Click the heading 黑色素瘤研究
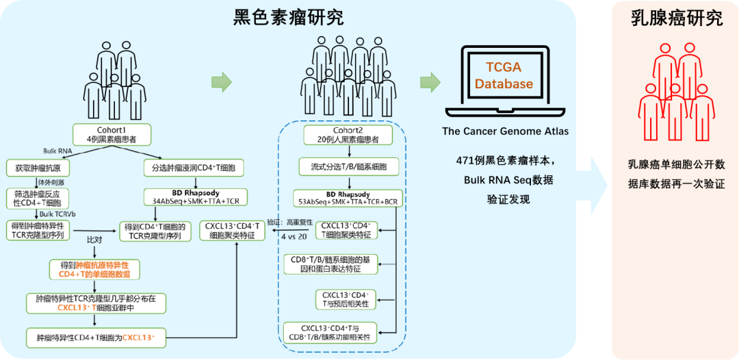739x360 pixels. tap(288, 16)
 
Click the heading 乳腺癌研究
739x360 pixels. tap(676, 18)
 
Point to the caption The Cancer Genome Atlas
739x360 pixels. tap(505, 131)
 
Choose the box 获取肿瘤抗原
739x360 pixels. tap(38, 166)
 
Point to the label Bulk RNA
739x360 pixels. tap(56, 150)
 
